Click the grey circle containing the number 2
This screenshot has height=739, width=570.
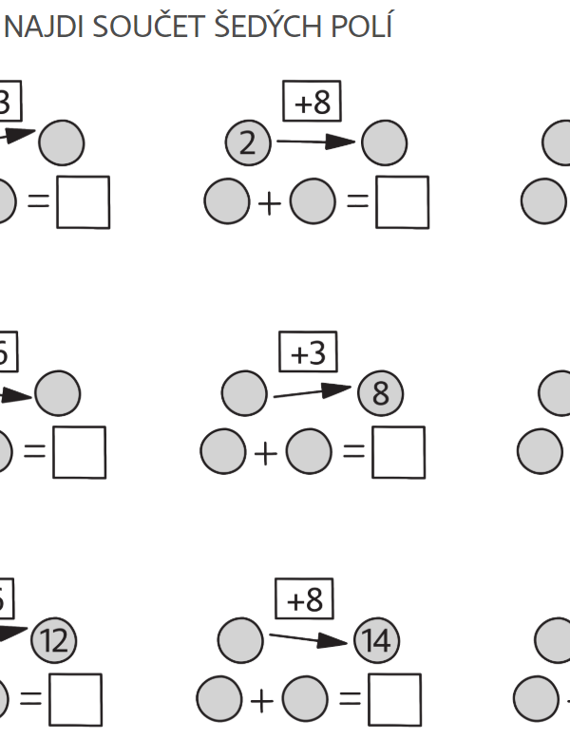pyautogui.click(x=248, y=144)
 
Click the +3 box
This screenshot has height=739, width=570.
pyautogui.click(x=308, y=353)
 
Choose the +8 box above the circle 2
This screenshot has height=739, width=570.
pyautogui.click(x=312, y=102)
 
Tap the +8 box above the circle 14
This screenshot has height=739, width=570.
pyautogui.click(x=305, y=599)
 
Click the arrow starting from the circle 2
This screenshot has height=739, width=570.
pyautogui.click(x=313, y=142)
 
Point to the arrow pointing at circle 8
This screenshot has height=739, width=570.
pyautogui.click(x=313, y=390)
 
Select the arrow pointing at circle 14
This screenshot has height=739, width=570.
pyautogui.click(x=311, y=638)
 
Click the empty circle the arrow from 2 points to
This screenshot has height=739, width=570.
pyautogui.click(x=385, y=144)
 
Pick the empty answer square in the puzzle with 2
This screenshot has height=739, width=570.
pyautogui.click(x=402, y=202)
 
